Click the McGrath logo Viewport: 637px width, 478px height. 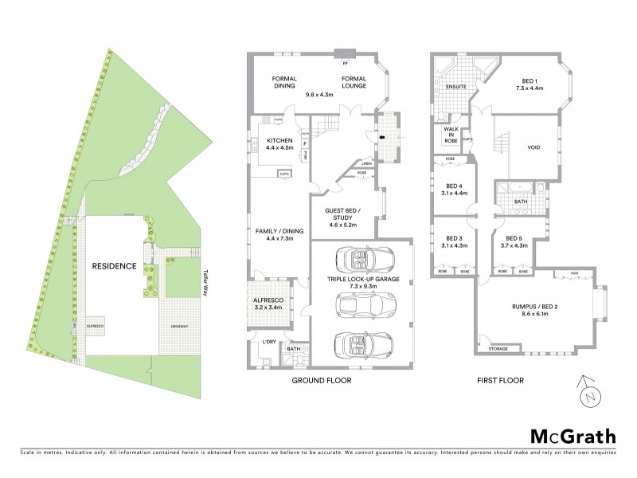[x=573, y=436]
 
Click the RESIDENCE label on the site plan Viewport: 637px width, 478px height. [x=114, y=266]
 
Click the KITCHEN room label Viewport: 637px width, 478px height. [x=279, y=139]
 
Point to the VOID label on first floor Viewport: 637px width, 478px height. [x=534, y=147]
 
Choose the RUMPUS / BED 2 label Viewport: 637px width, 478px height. [x=533, y=310]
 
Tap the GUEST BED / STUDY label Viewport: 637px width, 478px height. [x=344, y=215]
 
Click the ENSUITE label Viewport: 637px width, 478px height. [x=455, y=86]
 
